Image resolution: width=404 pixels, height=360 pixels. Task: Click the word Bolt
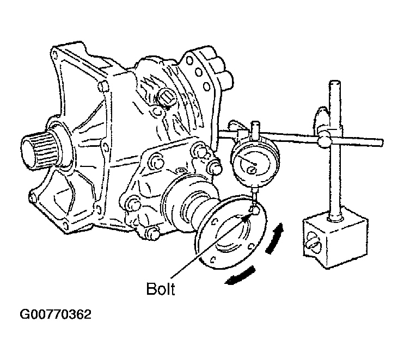[x=161, y=289]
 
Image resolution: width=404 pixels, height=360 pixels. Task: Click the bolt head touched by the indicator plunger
[x=252, y=209]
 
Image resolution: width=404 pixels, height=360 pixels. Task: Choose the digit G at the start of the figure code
[x=25, y=314]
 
